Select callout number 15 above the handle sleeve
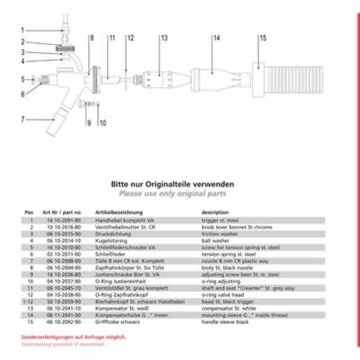263,39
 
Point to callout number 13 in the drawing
164,39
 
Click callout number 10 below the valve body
103,121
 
